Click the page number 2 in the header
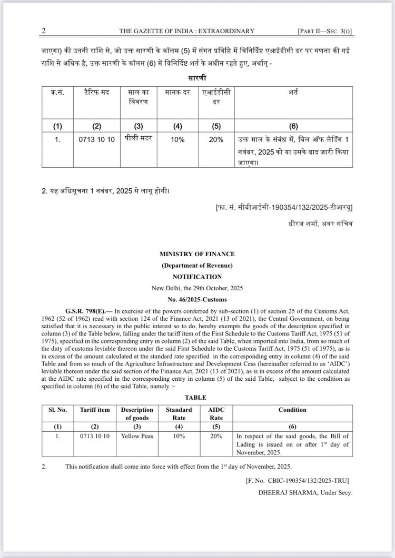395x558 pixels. pos(44,32)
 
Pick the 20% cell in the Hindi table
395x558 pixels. pos(215,140)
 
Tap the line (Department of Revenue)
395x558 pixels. pos(197,266)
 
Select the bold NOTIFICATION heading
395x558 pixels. pos(197,277)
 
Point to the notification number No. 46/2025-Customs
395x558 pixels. pos(197,299)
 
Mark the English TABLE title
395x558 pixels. pos(197,398)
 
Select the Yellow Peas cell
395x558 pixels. pos(136,437)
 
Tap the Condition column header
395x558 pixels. pos(292,410)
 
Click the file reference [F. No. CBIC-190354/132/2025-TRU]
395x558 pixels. pos(298,481)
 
